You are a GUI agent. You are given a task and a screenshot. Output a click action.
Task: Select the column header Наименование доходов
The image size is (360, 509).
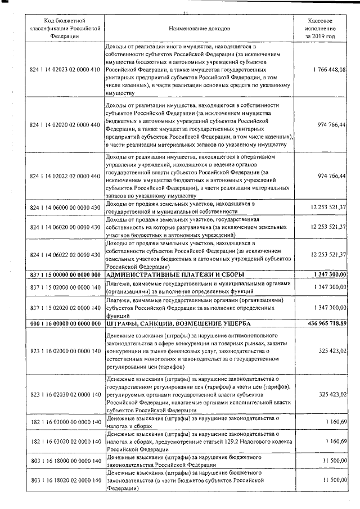point(199,28)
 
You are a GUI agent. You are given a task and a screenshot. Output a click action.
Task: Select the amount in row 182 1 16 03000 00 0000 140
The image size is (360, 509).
point(334,422)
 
